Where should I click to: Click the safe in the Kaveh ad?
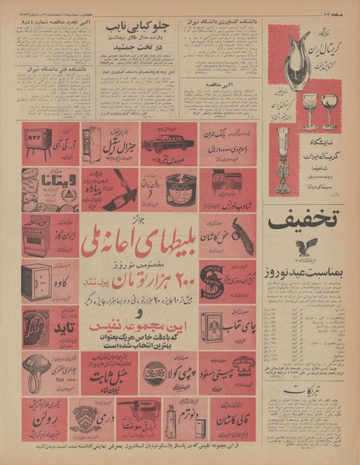(x=37, y=279)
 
